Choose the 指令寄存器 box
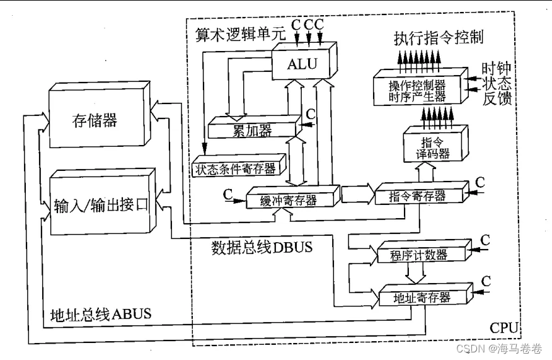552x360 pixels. (x=419, y=196)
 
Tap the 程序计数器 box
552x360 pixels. (x=420, y=255)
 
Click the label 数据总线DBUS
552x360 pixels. (x=262, y=247)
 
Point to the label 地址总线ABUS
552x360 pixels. (x=101, y=314)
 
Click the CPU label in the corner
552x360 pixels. (x=504, y=328)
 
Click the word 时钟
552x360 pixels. (x=497, y=67)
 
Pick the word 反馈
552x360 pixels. (x=497, y=98)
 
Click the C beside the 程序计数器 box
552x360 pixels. (x=485, y=240)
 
